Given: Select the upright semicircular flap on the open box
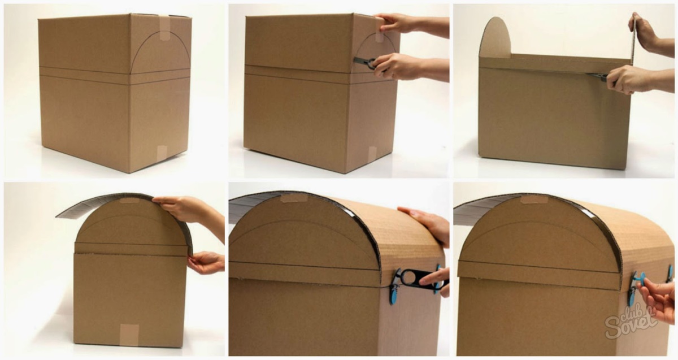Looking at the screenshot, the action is tap(495, 37).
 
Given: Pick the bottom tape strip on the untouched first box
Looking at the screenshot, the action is tap(162, 154).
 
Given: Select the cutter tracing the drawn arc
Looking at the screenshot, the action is tap(366, 62).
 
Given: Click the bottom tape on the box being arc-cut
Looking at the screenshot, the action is tap(372, 154).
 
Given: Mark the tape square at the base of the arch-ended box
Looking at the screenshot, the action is tap(129, 335).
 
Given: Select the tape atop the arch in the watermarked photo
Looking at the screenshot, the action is tap(534, 199).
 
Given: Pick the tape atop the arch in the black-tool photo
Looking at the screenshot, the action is tap(294, 198).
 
